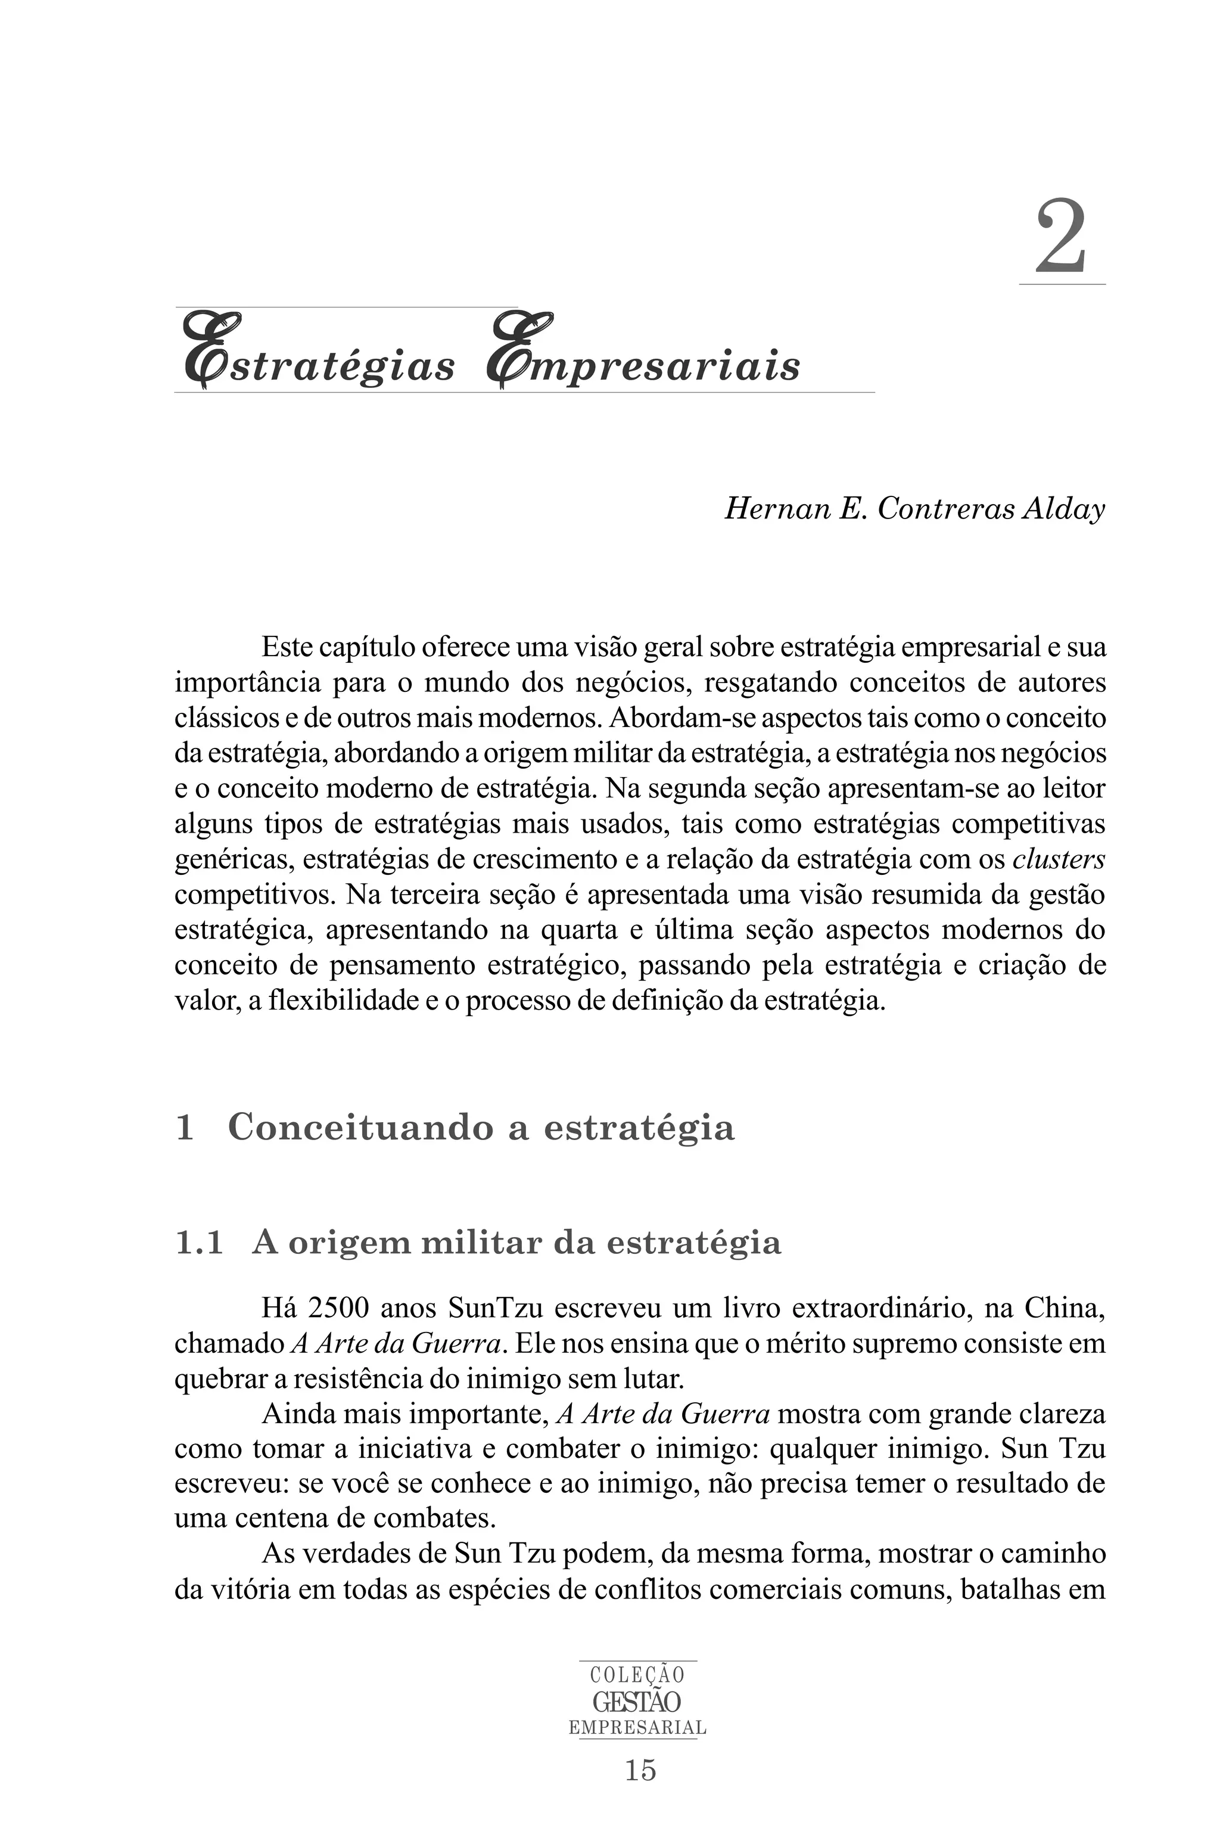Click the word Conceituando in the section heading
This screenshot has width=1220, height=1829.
point(360,1128)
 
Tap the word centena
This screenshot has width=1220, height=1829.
point(284,1519)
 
